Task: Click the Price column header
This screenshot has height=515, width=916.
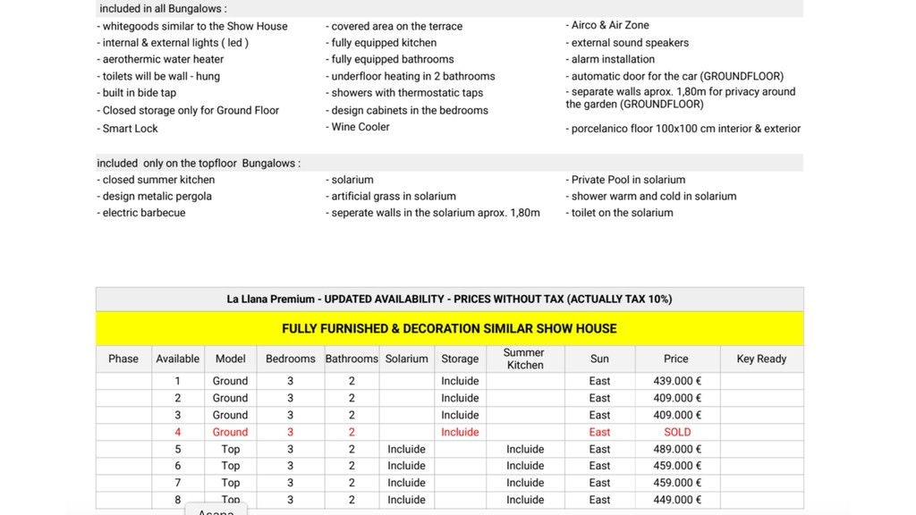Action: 676,359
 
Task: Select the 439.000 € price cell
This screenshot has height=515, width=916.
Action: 676,381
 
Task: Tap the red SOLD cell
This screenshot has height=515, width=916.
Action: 676,432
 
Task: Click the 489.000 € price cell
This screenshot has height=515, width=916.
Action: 676,449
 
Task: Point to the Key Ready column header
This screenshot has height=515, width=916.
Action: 761,359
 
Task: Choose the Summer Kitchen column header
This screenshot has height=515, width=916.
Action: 524,359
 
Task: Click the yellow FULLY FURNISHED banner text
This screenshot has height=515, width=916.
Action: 449,328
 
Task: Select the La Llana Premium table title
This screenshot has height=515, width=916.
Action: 449,299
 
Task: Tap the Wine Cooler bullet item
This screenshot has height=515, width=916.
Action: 360,127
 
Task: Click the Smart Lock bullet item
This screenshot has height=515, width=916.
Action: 130,129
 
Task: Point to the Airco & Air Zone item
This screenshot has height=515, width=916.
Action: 610,25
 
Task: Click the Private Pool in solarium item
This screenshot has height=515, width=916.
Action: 628,180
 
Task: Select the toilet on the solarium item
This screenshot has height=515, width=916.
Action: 622,213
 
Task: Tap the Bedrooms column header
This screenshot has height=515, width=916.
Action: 291,359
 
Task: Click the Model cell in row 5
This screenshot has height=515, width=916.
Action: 230,449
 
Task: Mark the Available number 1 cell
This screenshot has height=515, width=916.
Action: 177,381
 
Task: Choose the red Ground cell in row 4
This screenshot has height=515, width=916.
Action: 230,432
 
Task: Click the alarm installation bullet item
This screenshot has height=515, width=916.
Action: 613,59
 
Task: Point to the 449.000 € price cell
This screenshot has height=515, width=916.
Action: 676,500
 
